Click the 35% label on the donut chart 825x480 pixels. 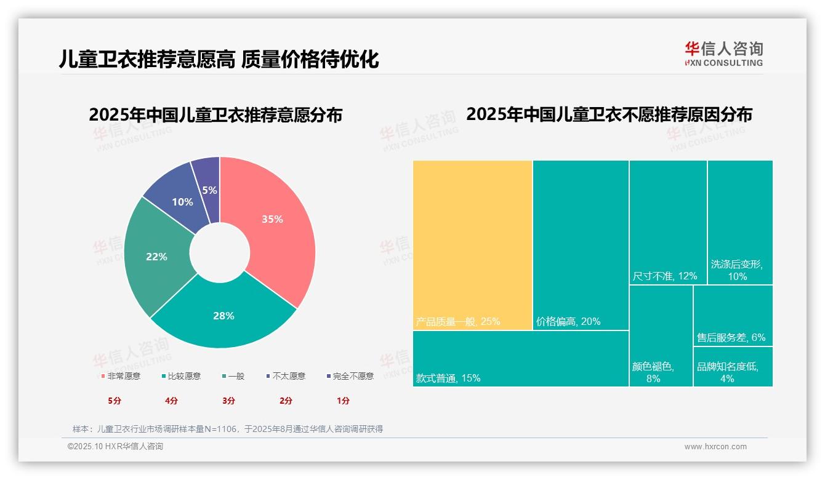272,219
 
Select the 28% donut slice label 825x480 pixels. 223,316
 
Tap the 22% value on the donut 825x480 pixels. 156,257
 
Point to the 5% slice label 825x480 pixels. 209,190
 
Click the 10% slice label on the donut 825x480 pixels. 182,202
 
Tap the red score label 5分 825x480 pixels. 115,401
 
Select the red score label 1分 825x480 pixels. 343,401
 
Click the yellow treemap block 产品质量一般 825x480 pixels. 472,245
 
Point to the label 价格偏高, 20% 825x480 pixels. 568,321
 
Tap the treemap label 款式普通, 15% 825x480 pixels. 448,378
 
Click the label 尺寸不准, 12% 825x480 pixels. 665,276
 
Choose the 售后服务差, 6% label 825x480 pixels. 731,337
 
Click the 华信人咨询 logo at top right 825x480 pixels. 723,54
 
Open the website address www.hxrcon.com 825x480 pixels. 715,447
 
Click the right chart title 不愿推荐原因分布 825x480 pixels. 609,115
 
